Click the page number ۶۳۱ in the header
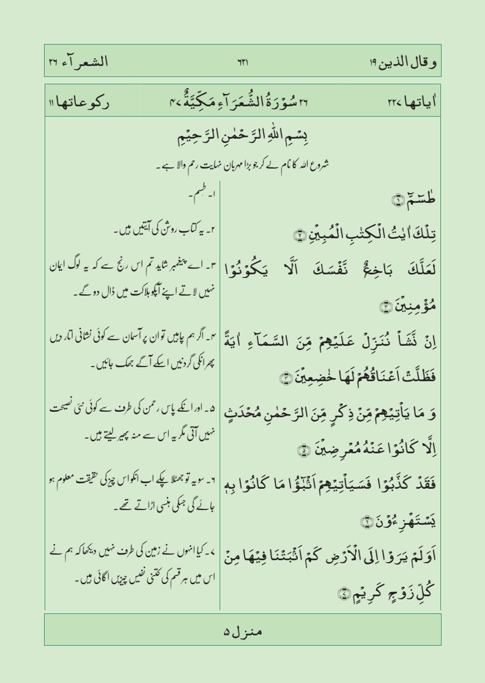tap(242, 62)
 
